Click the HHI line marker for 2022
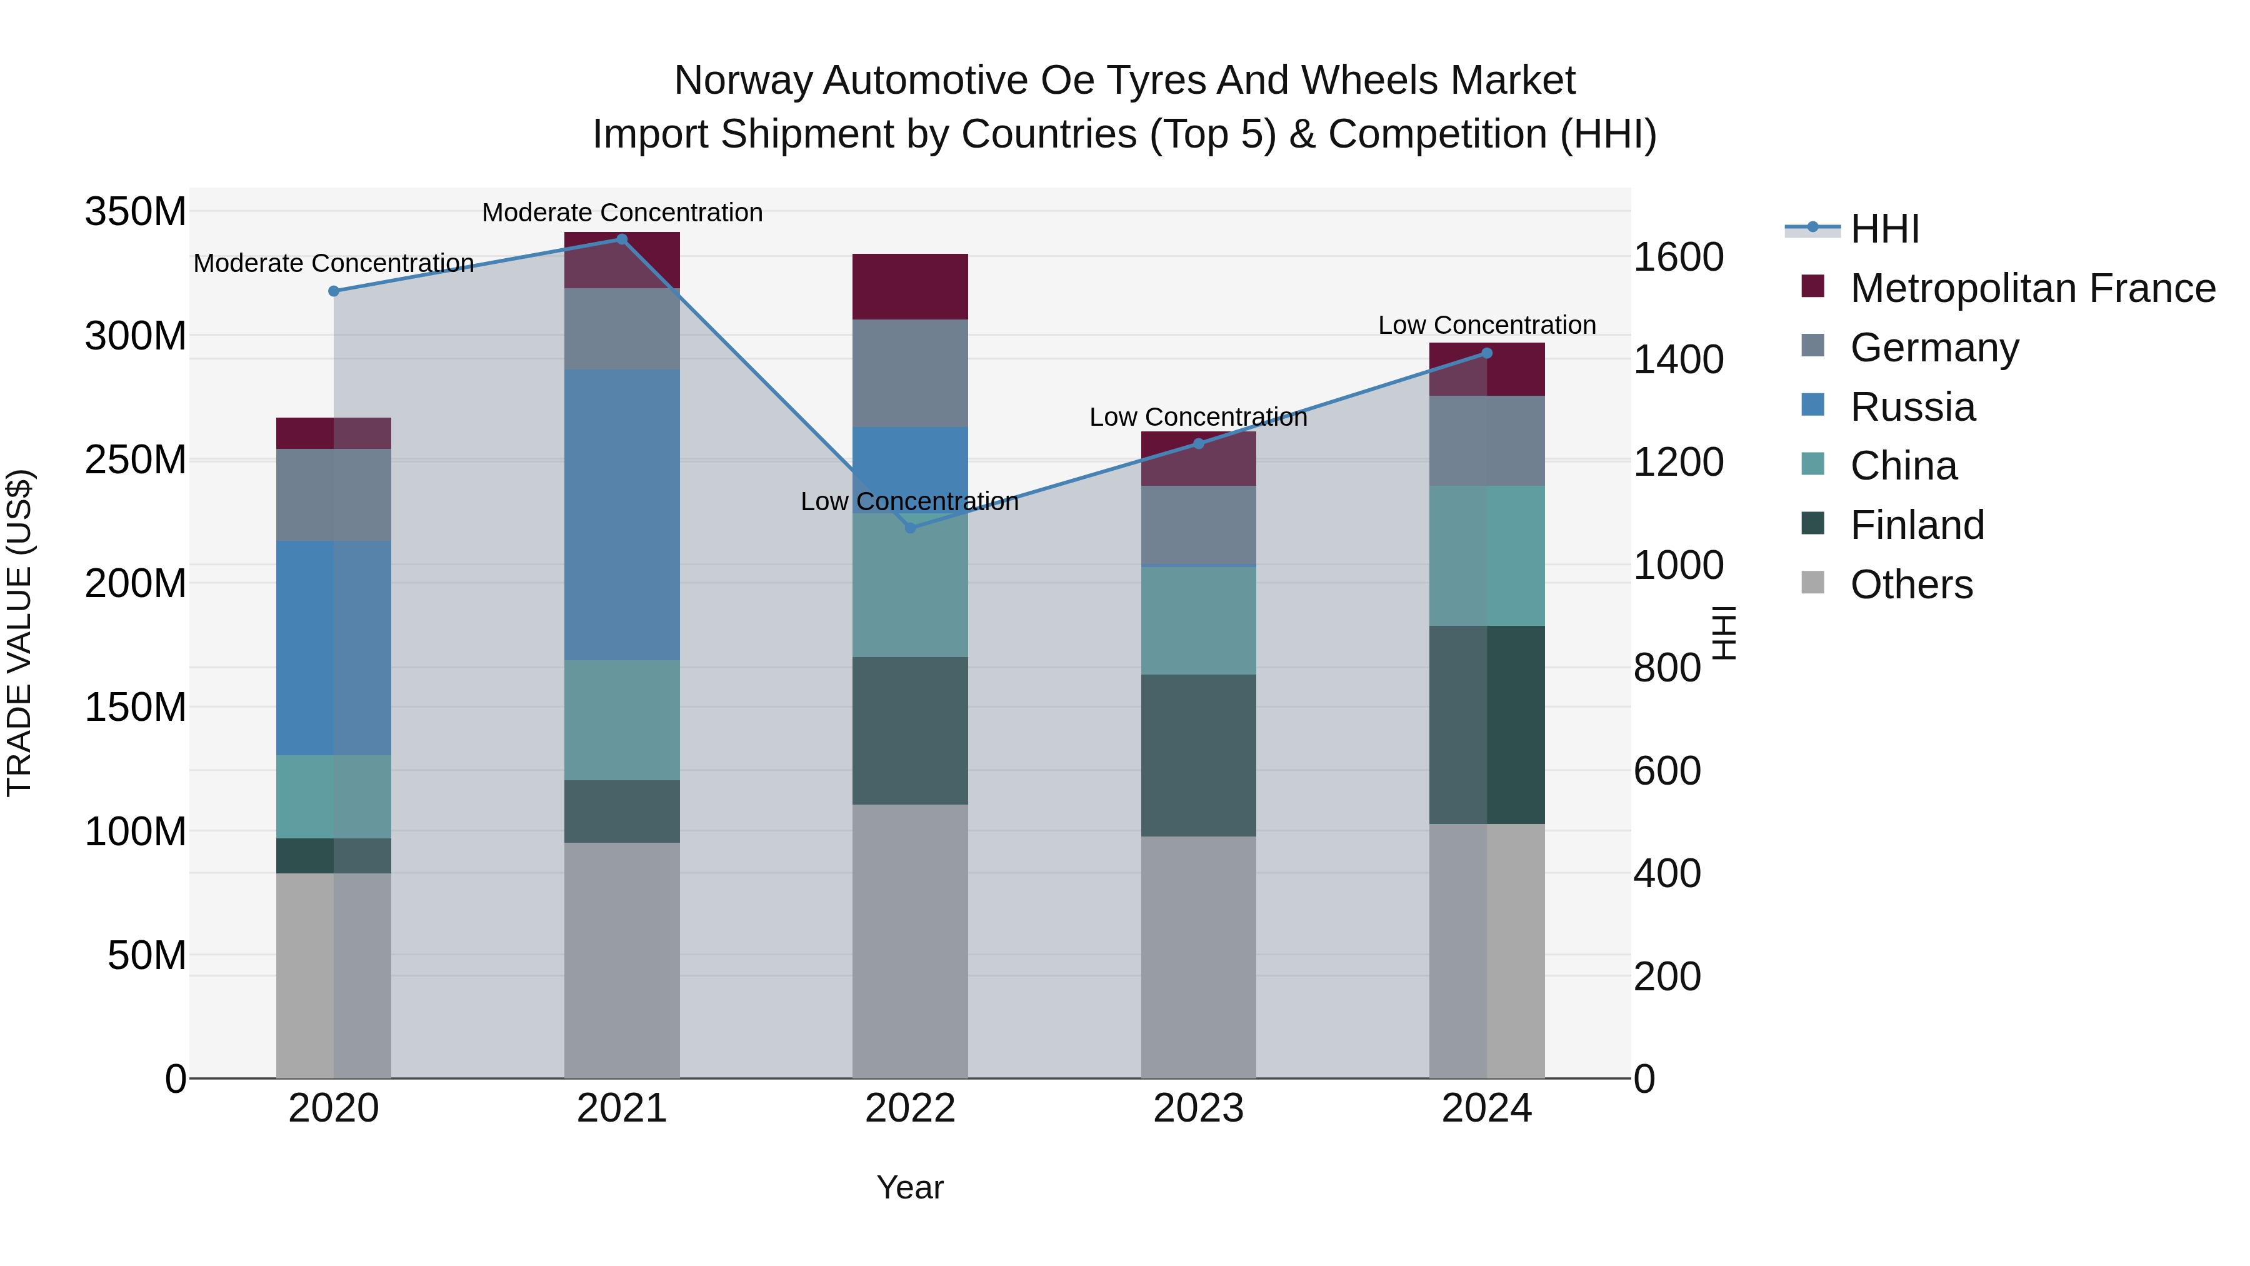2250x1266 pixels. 910,528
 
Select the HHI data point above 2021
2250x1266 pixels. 622,239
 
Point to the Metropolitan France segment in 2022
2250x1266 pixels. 910,286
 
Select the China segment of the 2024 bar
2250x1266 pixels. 1487,556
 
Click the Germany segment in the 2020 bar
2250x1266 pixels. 334,495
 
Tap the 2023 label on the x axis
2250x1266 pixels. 1198,1108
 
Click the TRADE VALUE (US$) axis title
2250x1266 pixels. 19,633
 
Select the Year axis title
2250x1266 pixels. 910,1187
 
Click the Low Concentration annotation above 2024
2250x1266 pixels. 1487,325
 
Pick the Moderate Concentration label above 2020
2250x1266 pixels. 334,263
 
